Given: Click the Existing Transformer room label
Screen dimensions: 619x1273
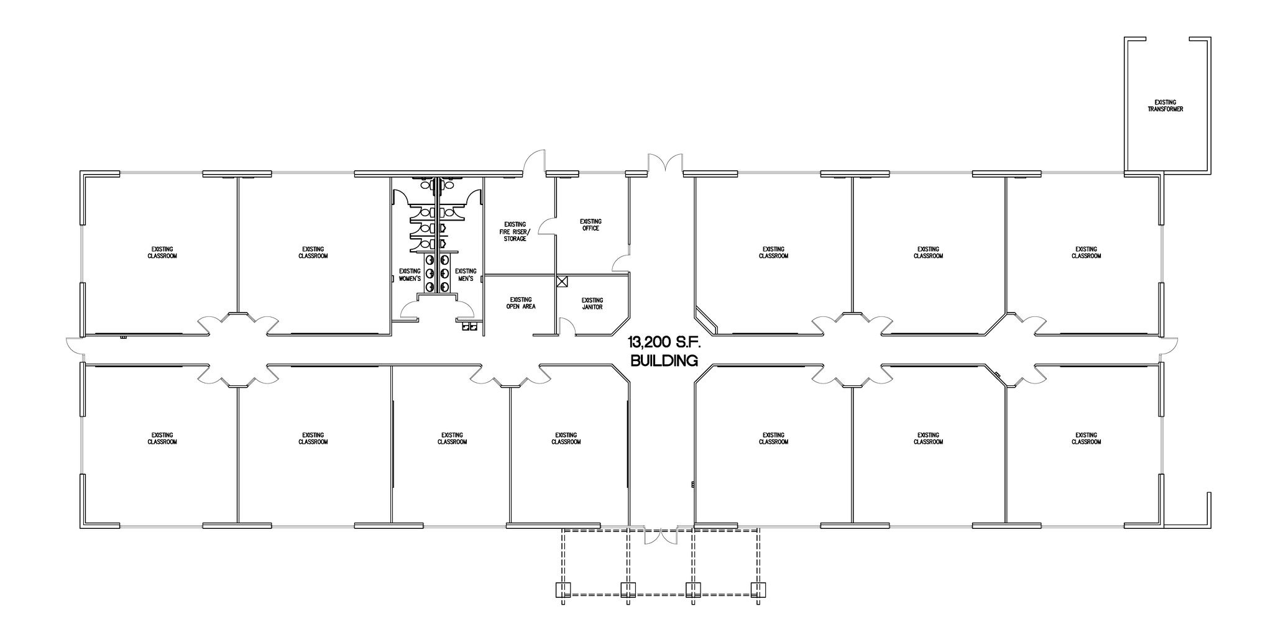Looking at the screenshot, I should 1165,106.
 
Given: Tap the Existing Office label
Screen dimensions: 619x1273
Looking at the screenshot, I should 590,225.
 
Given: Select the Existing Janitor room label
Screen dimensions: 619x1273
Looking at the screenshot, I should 592,303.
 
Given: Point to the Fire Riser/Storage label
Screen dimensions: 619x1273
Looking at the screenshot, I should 515,231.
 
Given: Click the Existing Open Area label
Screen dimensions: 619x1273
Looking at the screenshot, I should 520,303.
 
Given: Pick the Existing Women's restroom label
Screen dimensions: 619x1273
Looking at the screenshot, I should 410,275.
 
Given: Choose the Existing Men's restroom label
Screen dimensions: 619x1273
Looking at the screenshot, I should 466,275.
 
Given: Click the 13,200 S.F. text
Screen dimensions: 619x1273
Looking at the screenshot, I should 663,341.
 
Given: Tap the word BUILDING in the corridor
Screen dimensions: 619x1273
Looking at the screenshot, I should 663,360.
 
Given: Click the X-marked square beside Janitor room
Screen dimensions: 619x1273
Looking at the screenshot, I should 562,281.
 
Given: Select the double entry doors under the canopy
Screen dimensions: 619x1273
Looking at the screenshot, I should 660,537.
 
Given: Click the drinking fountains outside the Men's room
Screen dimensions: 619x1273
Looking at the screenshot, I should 469,325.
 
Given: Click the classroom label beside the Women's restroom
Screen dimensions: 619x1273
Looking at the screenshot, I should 313,252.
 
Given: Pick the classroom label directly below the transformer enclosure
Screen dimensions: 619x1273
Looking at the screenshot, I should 1086,252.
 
